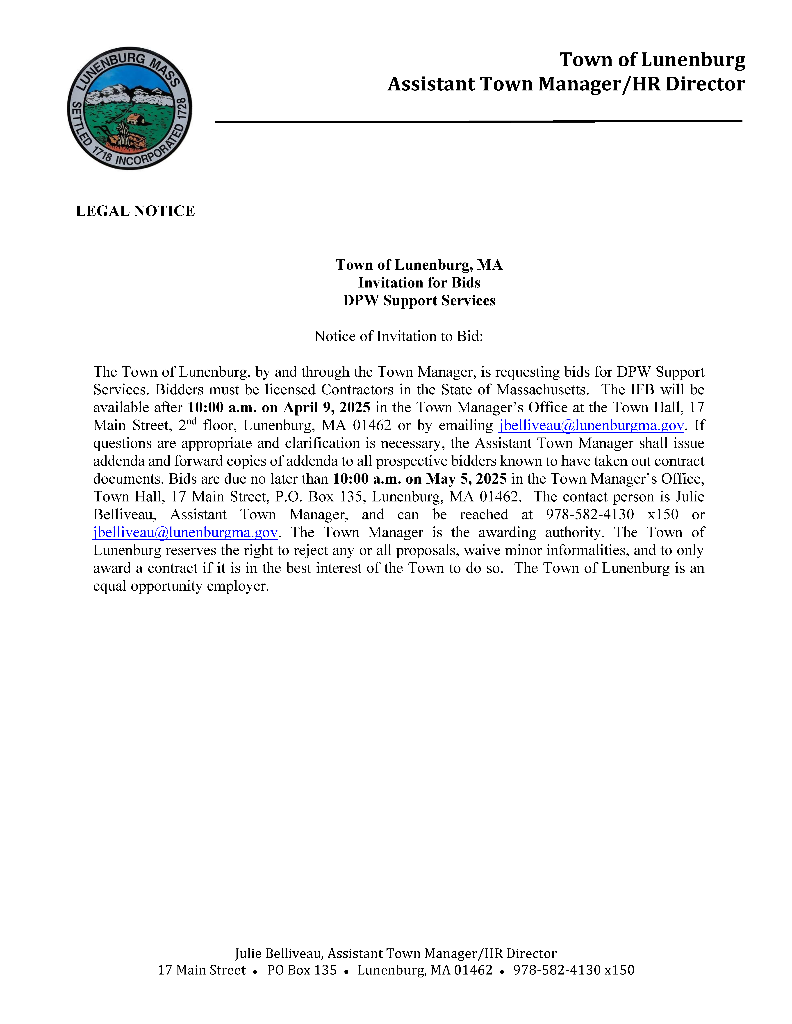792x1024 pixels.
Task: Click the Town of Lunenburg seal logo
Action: [x=130, y=108]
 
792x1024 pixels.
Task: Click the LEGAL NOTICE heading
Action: [x=135, y=211]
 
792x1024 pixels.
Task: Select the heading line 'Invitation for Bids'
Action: [x=419, y=283]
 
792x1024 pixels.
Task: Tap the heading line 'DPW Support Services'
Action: [x=419, y=301]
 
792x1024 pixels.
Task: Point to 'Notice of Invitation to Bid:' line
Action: [x=398, y=336]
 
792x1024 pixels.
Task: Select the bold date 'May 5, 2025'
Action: [x=466, y=479]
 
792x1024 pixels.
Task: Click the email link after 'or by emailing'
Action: [x=591, y=425]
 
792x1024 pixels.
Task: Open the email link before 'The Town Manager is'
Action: [x=185, y=533]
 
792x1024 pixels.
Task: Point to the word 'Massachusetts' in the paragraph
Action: [x=542, y=390]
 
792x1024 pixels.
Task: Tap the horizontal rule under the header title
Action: [x=479, y=121]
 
